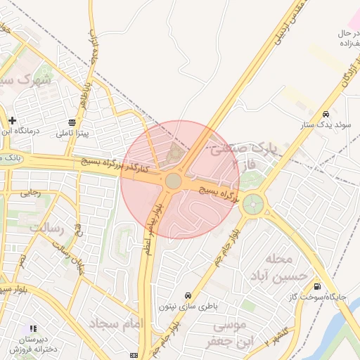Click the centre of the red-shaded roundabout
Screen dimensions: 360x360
click(x=173, y=181)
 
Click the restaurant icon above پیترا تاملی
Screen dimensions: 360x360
click(x=73, y=122)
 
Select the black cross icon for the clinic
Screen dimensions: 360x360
click(x=12, y=120)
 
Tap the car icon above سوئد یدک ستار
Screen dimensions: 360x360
click(x=326, y=114)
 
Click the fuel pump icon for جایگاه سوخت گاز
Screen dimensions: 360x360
click(x=317, y=286)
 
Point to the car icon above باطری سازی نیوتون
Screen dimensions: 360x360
click(x=188, y=295)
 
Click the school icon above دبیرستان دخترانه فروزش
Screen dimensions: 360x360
click(x=32, y=328)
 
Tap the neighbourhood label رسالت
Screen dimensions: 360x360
click(x=46, y=228)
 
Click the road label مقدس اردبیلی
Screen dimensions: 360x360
click(x=284, y=25)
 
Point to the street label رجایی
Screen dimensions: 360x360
click(x=30, y=192)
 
